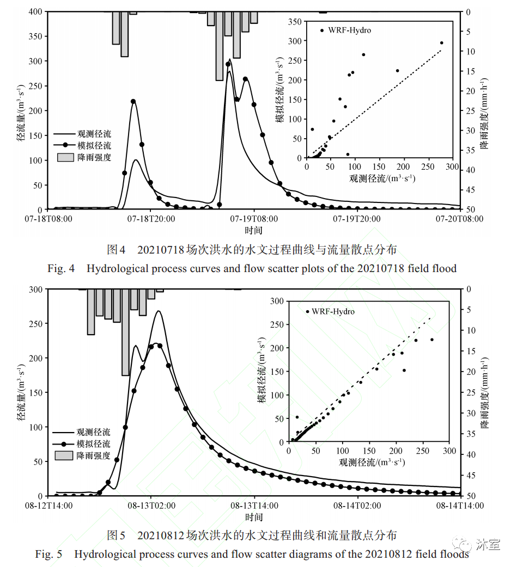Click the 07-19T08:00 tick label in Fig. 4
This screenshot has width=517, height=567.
click(x=254, y=219)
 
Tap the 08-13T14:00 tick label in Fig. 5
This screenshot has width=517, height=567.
click(x=254, y=506)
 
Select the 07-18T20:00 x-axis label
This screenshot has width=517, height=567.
click(x=151, y=219)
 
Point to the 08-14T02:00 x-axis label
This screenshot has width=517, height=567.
click(x=357, y=506)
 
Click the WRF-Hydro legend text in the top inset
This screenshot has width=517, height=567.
click(x=349, y=30)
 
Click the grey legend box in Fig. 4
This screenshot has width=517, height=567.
click(x=65, y=157)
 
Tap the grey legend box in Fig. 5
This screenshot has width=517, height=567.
click(x=64, y=455)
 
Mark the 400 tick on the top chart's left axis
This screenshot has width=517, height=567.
click(x=37, y=11)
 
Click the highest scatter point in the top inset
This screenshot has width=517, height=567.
click(x=441, y=42)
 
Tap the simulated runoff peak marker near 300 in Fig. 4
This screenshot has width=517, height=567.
click(x=228, y=64)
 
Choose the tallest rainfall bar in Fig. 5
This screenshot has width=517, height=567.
click(x=125, y=332)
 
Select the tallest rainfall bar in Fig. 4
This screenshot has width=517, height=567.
click(x=220, y=46)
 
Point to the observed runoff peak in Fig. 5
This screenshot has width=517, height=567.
click(x=159, y=311)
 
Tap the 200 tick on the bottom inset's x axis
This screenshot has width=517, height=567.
click(x=396, y=451)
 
